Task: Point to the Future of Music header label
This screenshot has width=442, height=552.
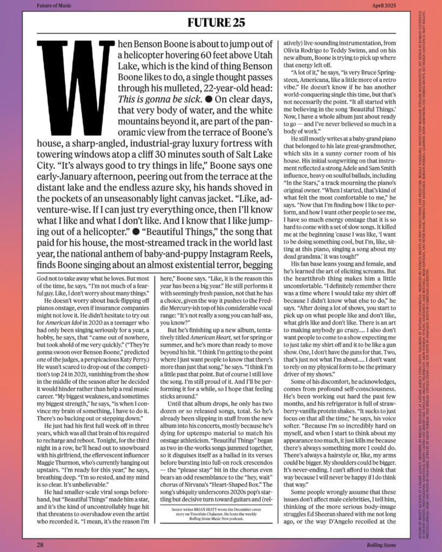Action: tap(56, 6)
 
